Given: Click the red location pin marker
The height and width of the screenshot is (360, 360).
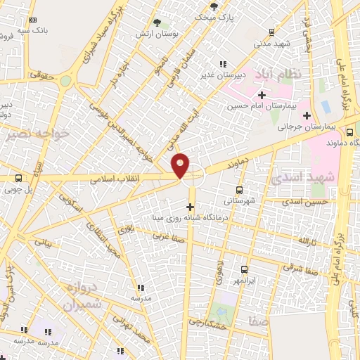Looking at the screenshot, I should (x=181, y=165).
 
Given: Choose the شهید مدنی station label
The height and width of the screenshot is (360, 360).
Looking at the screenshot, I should (x=273, y=43).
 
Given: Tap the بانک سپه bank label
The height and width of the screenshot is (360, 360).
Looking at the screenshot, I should (x=33, y=32).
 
